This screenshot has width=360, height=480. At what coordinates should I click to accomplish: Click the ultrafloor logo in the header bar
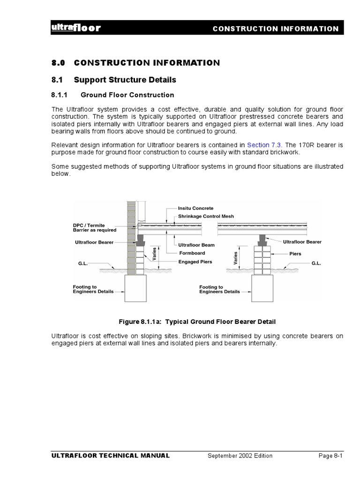pos(75,28)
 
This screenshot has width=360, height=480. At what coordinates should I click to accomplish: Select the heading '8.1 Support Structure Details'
pos(113,80)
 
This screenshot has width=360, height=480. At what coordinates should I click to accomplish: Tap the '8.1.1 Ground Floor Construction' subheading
pos(112,95)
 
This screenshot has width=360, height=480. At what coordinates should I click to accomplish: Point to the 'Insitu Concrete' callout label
pos(195,208)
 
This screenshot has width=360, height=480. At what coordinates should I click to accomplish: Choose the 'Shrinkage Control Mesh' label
pos(206,216)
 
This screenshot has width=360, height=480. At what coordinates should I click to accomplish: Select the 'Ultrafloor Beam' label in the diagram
pos(196,245)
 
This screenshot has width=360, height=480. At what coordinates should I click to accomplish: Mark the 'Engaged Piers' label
pos(195,262)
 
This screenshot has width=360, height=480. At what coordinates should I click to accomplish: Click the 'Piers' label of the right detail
pos(295,254)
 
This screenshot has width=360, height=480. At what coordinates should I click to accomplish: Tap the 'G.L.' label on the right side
pos(316,263)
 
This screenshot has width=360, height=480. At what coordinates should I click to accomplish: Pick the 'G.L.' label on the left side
pos(83,263)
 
